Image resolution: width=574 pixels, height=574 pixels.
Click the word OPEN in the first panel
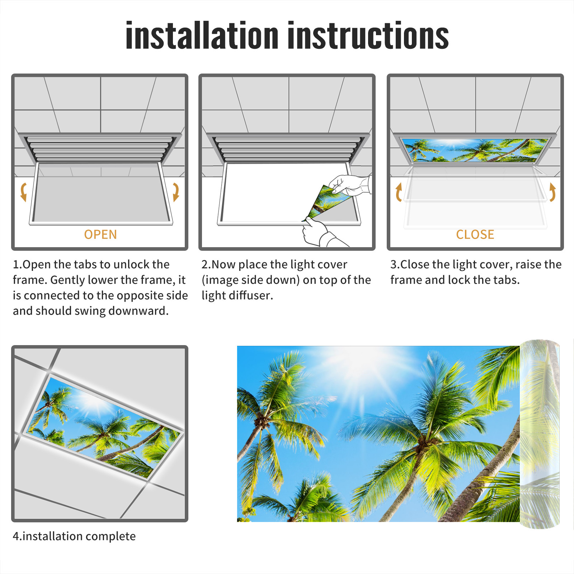pos(100,235)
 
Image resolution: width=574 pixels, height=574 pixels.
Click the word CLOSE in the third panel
pos(475,235)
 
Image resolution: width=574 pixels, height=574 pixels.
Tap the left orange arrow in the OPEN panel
pos(24,192)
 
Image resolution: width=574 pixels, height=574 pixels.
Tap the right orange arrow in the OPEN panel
pos(176,192)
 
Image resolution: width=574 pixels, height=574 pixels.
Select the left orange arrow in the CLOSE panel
pos(398,192)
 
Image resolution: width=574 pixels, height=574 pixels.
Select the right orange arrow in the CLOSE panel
pos(552,192)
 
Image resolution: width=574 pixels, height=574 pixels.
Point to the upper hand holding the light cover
pos(350,185)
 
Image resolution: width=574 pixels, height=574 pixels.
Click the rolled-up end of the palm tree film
pos(540,434)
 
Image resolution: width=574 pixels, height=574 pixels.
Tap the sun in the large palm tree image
pos(362,362)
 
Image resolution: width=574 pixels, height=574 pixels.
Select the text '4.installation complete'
pos(74,536)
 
